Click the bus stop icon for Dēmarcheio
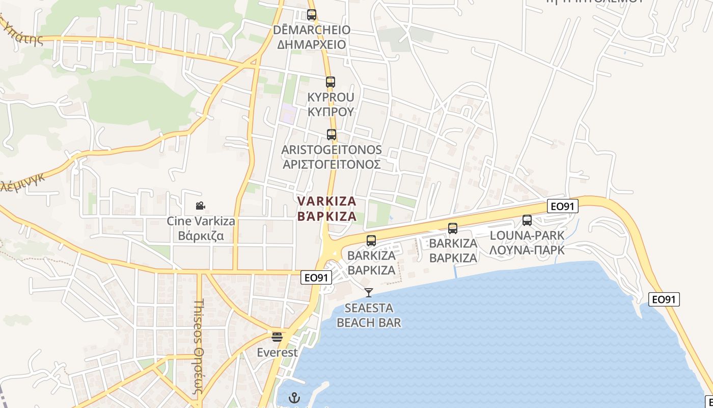coord(312,15)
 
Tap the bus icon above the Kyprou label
coord(331,82)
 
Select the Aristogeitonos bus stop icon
coord(332,135)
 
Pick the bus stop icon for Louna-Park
coord(527,220)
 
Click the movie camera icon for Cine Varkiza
coord(201,206)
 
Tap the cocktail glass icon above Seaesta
coord(369,293)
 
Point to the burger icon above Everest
coord(277,337)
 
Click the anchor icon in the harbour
coord(294,397)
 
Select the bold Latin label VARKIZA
coord(327,201)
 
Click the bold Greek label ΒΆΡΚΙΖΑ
coord(327,216)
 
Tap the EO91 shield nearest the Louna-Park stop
coord(563,206)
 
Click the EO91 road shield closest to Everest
coord(316,277)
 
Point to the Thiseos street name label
coord(199,352)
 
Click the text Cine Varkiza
coord(201,221)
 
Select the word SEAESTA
coord(369,308)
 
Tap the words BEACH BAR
coord(369,323)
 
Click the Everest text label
coord(277,352)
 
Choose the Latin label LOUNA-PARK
coord(527,236)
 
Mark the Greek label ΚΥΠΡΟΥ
coord(331,112)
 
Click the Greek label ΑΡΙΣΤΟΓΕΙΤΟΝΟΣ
coord(332,165)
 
